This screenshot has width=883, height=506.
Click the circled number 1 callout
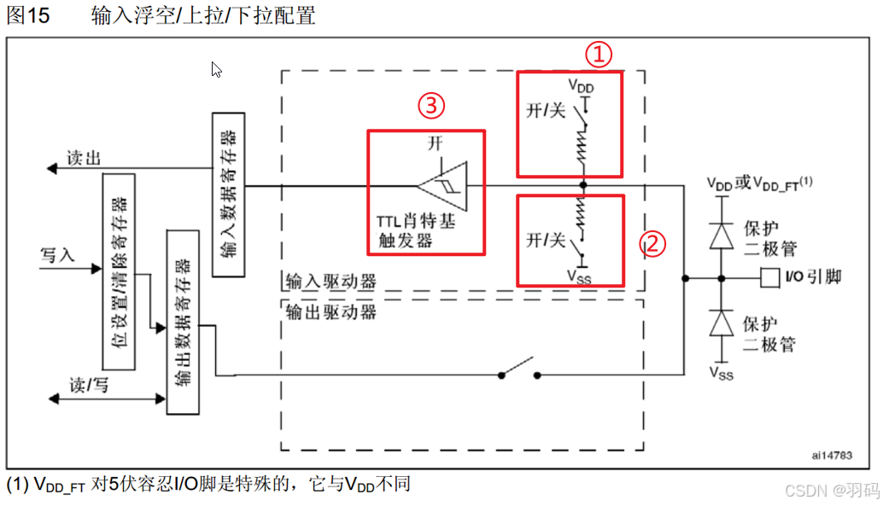click(599, 55)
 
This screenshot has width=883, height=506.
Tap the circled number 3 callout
click(431, 106)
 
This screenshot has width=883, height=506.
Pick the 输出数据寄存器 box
click(183, 322)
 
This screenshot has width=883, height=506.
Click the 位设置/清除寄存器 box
click(120, 271)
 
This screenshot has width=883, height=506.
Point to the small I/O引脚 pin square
click(769, 277)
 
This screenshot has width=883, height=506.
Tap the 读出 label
click(84, 158)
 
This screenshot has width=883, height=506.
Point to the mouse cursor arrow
click(216, 70)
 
